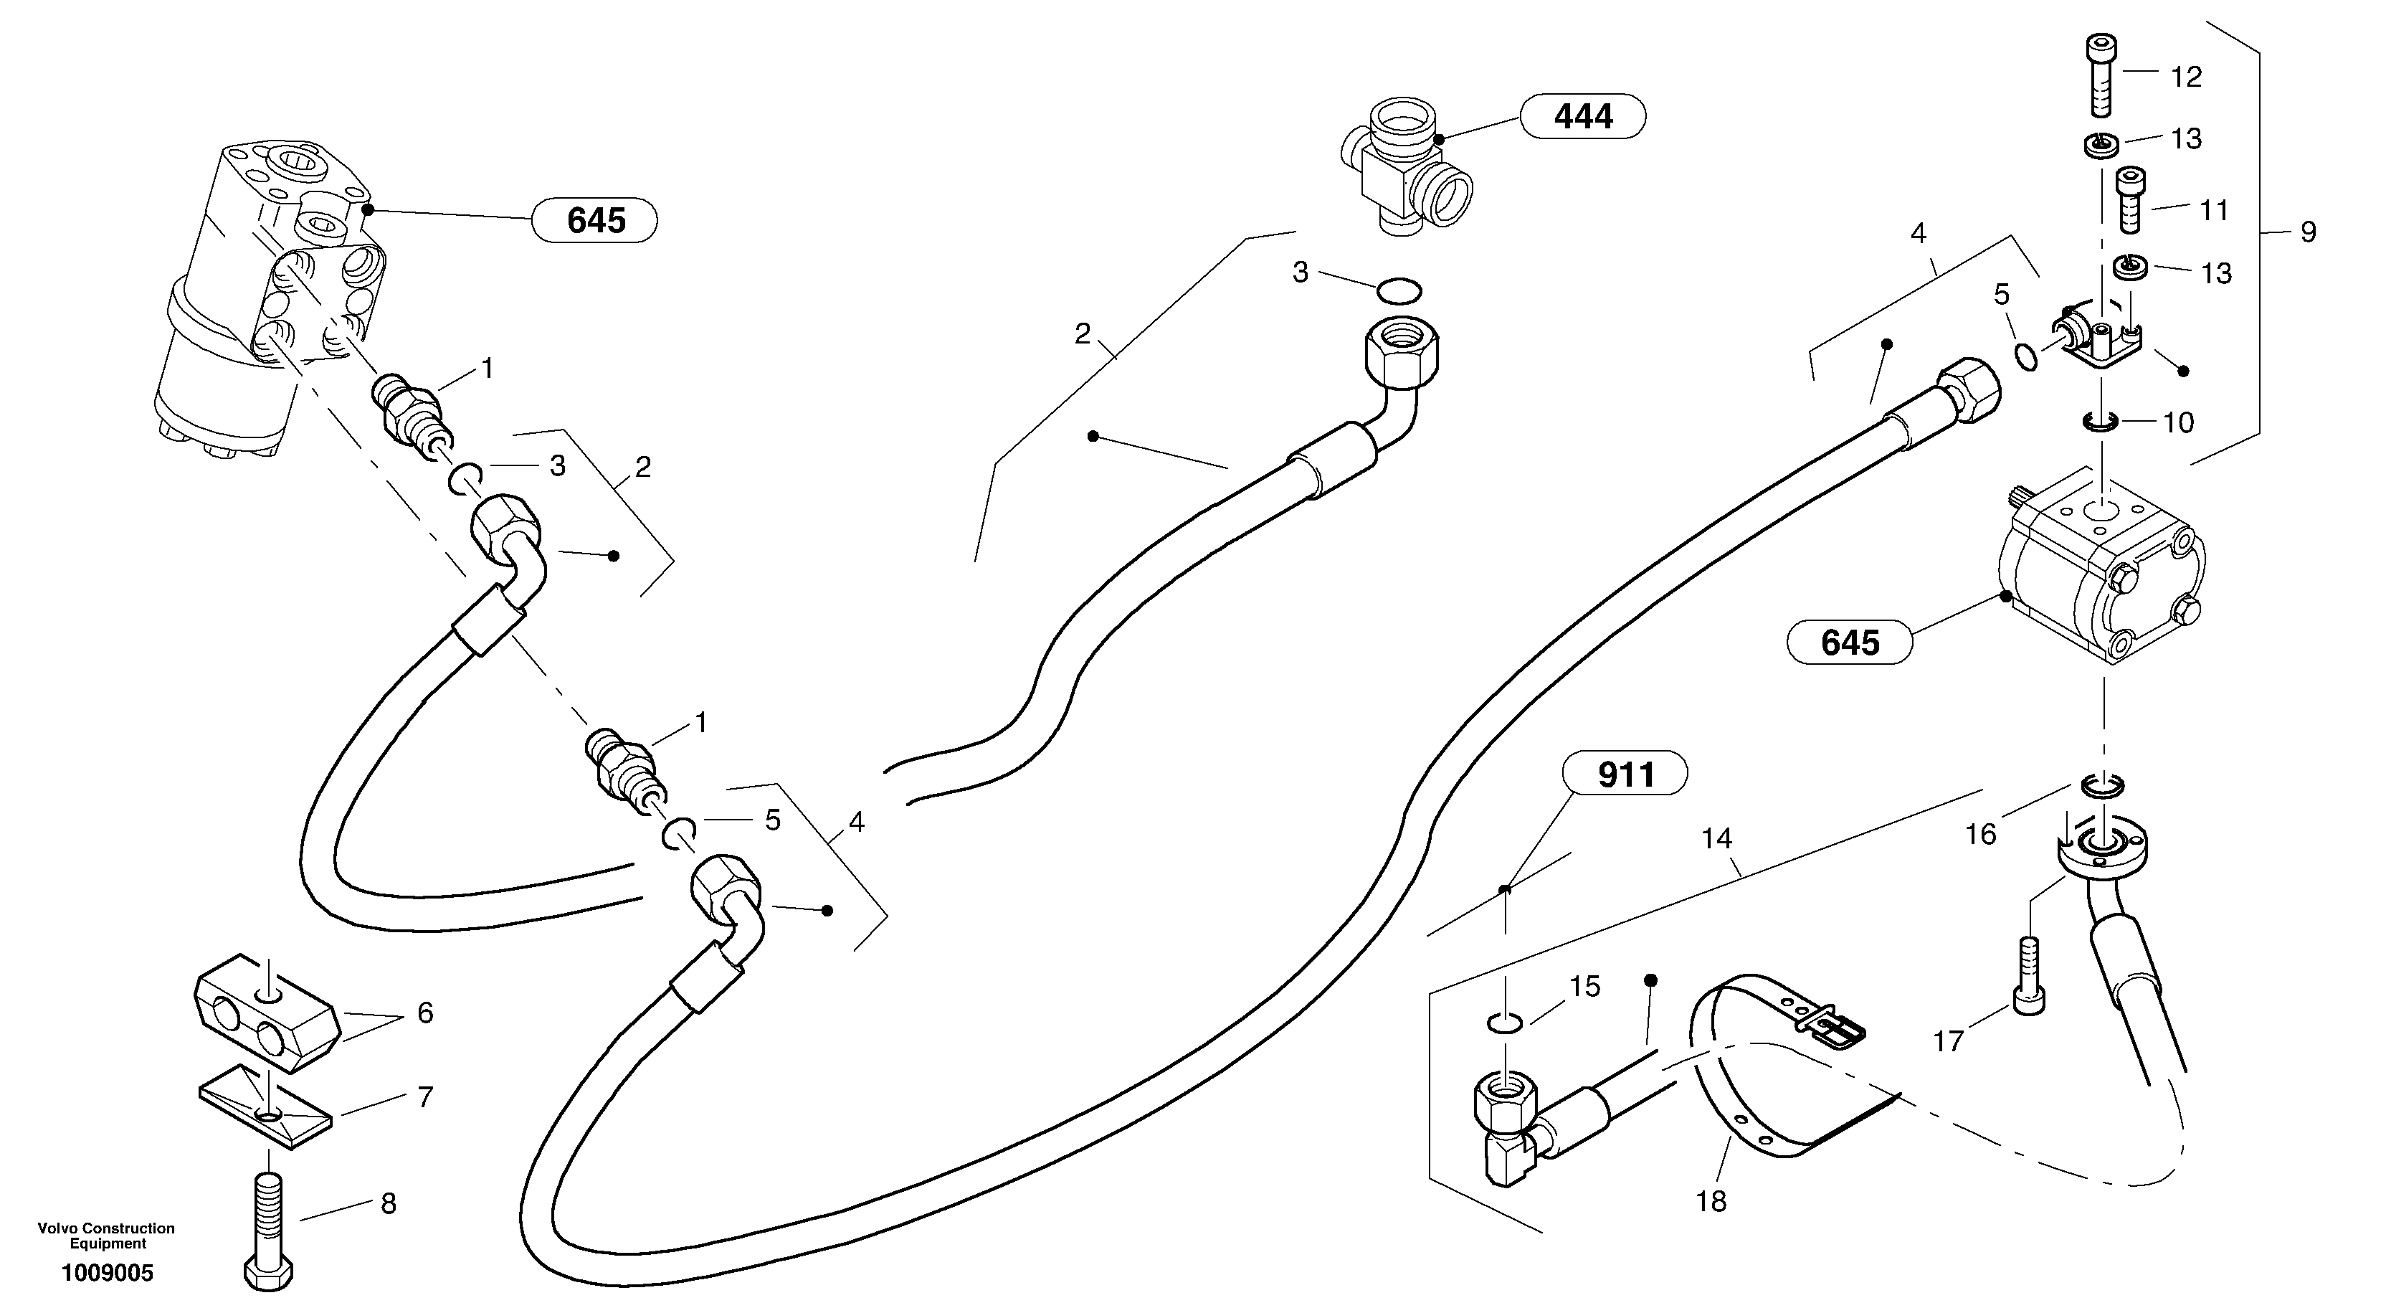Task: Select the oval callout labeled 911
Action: (1625, 773)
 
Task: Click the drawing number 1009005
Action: (108, 1273)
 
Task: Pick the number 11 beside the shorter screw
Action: (2215, 211)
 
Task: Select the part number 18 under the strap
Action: (1711, 1201)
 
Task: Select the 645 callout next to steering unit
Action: (595, 221)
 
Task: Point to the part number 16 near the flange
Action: (1981, 833)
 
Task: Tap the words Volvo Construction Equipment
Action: (106, 1236)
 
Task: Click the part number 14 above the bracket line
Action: (1717, 839)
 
